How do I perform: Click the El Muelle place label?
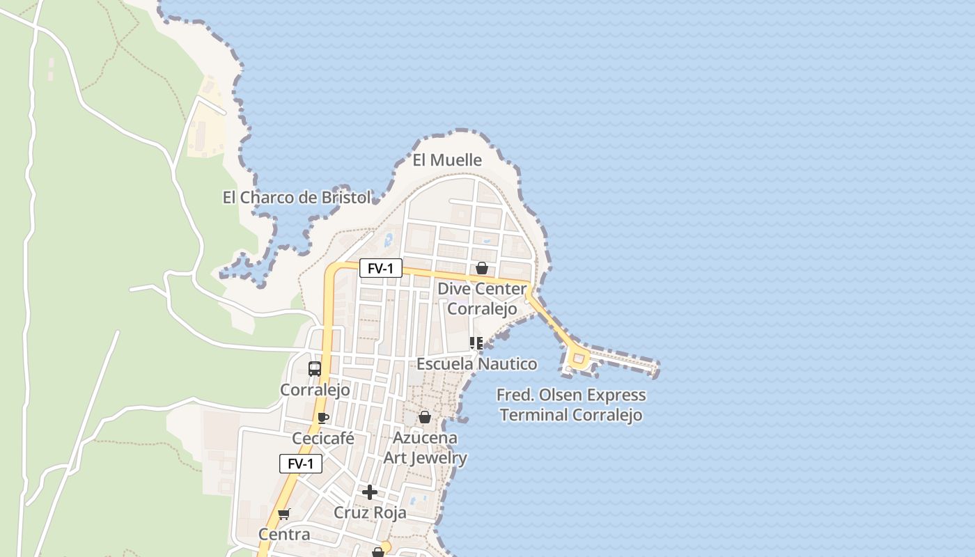tap(447, 160)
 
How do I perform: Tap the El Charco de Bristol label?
tap(297, 198)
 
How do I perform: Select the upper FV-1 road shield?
tap(380, 268)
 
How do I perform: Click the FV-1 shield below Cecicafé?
tap(301, 464)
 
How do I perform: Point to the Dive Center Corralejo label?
tap(482, 299)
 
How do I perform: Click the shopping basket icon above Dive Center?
tap(481, 268)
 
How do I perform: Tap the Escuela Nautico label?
tap(477, 364)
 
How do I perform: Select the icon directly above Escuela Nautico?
tap(476, 343)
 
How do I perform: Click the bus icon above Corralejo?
tap(315, 369)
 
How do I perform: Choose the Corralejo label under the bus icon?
tap(315, 390)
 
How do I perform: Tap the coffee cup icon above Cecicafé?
tap(322, 418)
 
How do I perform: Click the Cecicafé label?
tap(323, 439)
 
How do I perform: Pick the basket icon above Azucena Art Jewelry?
tap(424, 417)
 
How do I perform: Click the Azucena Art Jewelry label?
tap(426, 448)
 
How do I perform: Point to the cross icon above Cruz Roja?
tap(370, 492)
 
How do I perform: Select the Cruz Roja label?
tap(370, 513)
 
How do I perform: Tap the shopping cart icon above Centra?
tap(283, 515)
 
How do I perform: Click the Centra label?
tap(284, 535)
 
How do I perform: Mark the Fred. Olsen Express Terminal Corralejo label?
tap(571, 405)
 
